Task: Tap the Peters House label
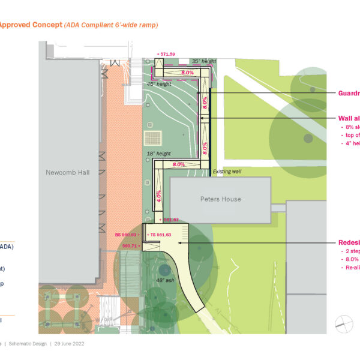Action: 220,199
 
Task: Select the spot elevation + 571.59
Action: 166,54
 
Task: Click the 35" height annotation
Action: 203,61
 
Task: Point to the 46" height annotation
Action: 159,84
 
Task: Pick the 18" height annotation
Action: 159,154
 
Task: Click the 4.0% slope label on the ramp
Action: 159,195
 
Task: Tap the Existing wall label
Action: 227,172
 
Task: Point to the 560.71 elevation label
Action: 131,245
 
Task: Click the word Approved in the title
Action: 18,25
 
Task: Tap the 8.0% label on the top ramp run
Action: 187,73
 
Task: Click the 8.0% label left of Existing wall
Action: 179,164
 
